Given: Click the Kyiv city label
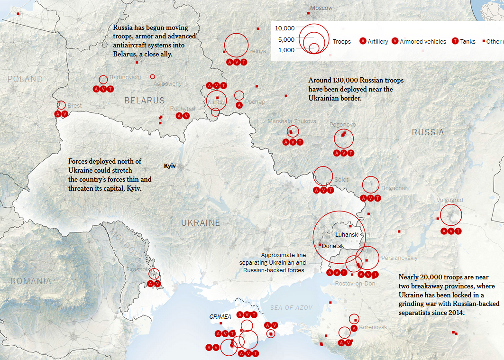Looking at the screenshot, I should click(170, 166).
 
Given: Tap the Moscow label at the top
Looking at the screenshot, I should click(321, 8).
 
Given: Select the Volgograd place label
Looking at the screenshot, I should click(449, 200).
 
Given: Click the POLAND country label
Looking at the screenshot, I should click(25, 79).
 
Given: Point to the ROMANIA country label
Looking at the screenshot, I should click(31, 281).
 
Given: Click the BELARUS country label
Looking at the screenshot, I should click(145, 101).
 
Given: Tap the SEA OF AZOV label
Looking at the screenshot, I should click(291, 308).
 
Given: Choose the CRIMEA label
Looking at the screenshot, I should click(220, 316).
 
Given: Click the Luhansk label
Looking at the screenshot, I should click(347, 234).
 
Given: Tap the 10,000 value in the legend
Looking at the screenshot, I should click(285, 28).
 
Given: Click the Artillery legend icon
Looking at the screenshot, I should click(364, 41).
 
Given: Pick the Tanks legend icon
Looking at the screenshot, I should click(456, 41).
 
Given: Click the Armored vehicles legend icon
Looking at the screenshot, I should click(395, 41).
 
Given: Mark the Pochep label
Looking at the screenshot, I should click(255, 102).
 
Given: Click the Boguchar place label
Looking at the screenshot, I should click(394, 188).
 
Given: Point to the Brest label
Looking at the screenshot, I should click(74, 105).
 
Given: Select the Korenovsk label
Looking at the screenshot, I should click(373, 327).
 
